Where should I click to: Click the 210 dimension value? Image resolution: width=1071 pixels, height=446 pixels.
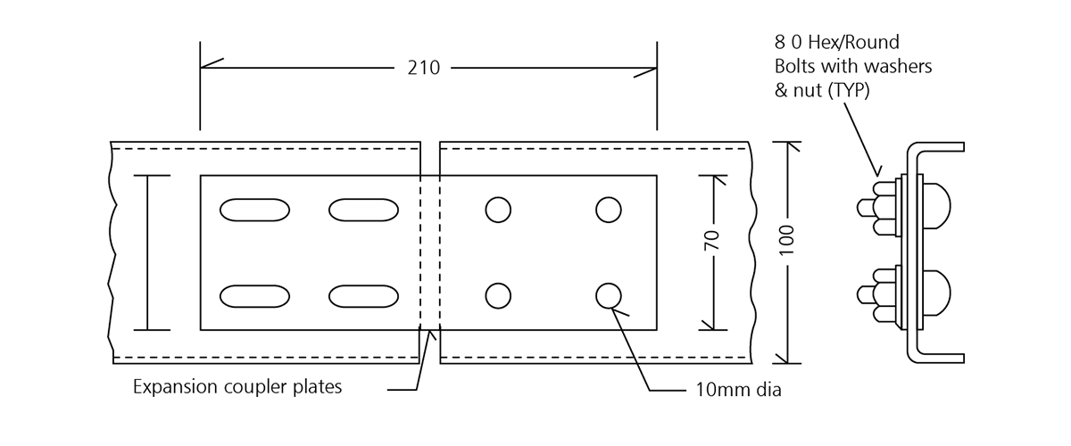(x=424, y=67)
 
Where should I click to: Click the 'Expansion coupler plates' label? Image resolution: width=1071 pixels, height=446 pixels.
(x=237, y=387)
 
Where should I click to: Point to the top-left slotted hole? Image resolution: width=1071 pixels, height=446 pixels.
(x=254, y=210)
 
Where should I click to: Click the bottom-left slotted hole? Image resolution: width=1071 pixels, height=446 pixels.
(x=254, y=295)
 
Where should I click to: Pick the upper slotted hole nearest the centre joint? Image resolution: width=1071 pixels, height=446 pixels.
(x=363, y=210)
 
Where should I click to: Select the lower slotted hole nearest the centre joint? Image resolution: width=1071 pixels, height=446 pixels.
(x=363, y=295)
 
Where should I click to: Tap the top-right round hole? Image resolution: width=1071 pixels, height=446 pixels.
(x=609, y=210)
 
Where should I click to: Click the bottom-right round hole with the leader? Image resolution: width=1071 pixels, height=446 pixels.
(x=609, y=295)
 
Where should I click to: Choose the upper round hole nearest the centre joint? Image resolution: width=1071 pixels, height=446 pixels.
(x=498, y=210)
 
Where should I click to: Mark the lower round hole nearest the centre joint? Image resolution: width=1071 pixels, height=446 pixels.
(x=498, y=295)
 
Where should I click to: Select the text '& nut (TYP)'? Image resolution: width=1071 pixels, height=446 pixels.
(x=822, y=90)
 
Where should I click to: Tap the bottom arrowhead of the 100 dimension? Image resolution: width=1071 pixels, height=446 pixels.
(x=786, y=357)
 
